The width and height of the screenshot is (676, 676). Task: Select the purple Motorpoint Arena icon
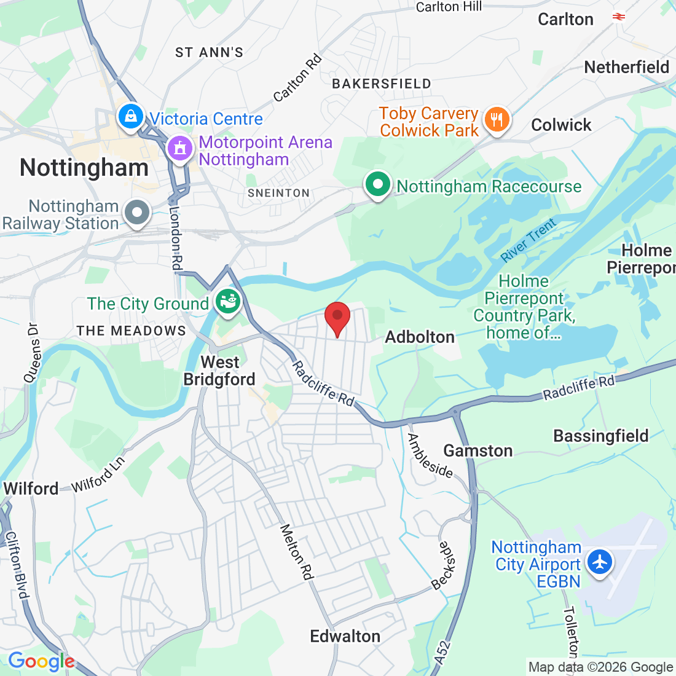point(179,148)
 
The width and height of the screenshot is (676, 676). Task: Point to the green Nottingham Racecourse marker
point(378,184)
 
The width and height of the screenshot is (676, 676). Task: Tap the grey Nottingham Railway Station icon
point(137,213)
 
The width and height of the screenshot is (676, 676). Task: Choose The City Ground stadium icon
point(228,302)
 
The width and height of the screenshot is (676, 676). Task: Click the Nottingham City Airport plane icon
point(600,562)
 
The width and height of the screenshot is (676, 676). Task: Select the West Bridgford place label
point(219,371)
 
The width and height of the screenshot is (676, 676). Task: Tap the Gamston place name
point(478,451)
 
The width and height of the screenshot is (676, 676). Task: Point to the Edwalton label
point(345,636)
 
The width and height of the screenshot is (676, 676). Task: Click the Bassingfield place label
point(601,436)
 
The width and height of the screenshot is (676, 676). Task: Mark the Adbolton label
point(420,337)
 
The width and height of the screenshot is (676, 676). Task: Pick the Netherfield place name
point(627,67)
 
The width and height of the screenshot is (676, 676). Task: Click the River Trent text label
point(528,240)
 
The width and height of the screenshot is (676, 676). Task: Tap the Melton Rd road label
point(296,552)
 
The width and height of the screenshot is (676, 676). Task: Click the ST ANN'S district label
point(209,52)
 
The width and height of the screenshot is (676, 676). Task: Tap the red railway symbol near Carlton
point(619,17)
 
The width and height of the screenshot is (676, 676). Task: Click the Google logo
point(41,661)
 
